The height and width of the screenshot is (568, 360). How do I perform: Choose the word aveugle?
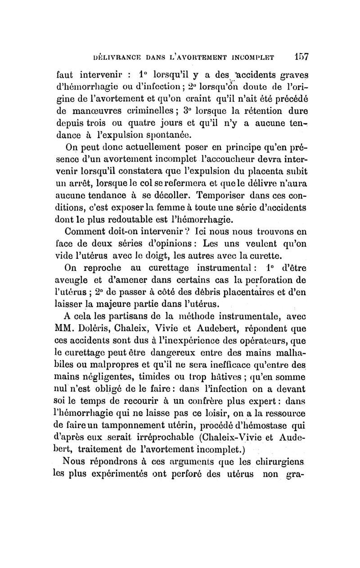coord(82,282)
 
